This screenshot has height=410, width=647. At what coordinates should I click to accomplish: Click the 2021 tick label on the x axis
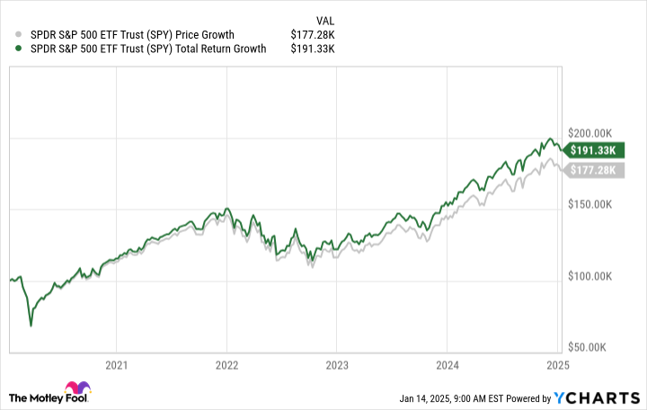(116, 365)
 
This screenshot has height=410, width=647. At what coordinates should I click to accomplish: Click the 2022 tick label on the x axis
(226, 365)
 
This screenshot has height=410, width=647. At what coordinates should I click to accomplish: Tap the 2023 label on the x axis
(336, 365)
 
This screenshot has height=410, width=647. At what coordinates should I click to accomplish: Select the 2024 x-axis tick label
(447, 365)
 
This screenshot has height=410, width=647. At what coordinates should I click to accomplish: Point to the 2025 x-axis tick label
(557, 365)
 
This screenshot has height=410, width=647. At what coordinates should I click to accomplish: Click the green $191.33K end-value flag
(592, 149)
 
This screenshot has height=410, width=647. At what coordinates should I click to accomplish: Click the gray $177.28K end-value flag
(592, 170)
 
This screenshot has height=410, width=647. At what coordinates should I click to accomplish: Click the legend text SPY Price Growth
(125, 35)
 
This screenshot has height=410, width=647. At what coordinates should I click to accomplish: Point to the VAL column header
(327, 20)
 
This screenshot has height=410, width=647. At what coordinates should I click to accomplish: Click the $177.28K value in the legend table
(314, 35)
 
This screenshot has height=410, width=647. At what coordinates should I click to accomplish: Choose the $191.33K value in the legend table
(314, 49)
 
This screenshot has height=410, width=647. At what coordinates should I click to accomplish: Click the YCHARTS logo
(601, 398)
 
